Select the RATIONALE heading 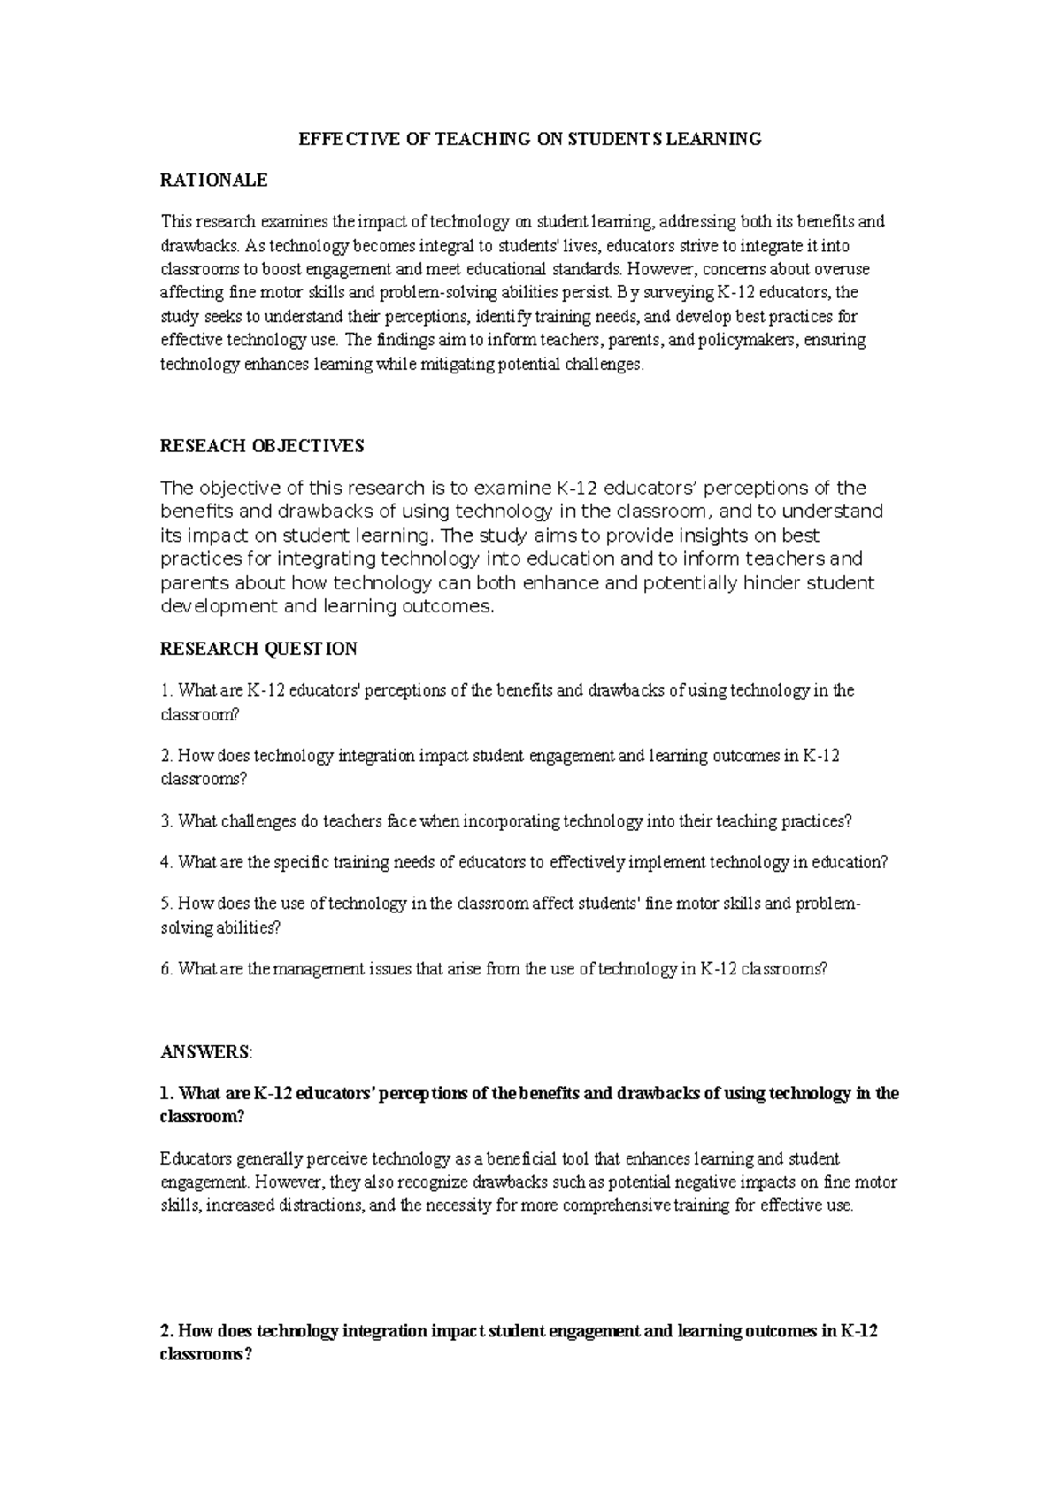click(x=213, y=181)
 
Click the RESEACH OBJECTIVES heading click(x=262, y=446)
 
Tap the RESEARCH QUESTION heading click(x=258, y=649)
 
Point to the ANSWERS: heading click(x=206, y=1052)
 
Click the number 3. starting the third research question click(x=166, y=821)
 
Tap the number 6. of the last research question click(x=166, y=969)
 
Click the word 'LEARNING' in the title click(x=720, y=139)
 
